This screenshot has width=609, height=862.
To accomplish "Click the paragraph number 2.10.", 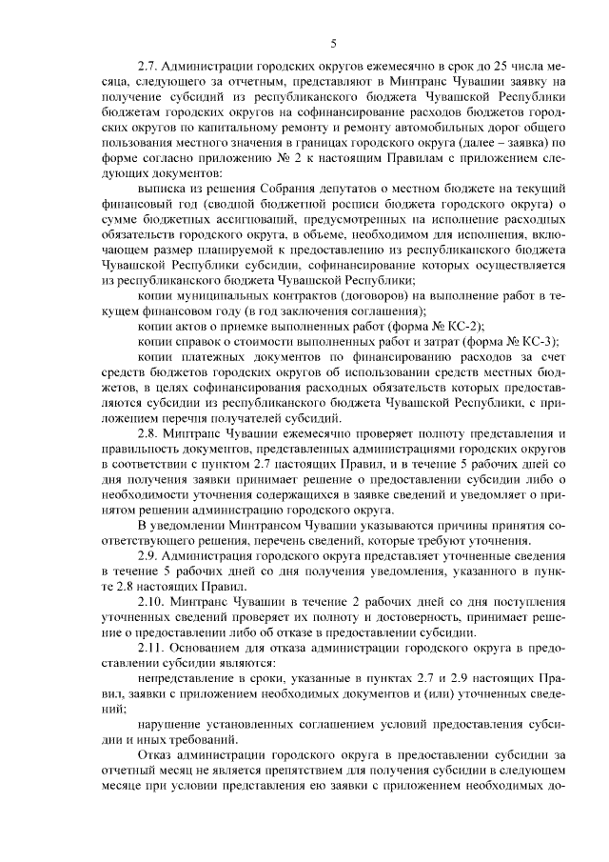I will pos(154,601).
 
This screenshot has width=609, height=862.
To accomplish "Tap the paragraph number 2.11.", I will pos(153,647).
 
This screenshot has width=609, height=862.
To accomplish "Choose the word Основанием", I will pos(210,647).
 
